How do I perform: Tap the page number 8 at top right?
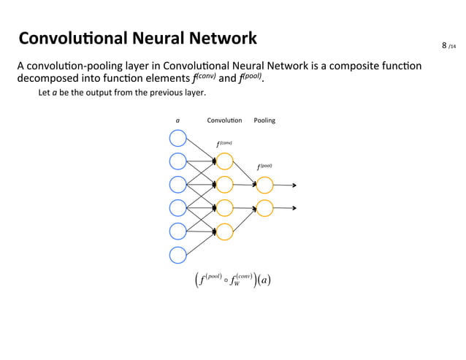[x=444, y=46]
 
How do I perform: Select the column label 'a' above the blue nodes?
[x=177, y=120]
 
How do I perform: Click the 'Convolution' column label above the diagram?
[x=224, y=120]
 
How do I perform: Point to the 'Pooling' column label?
[x=264, y=120]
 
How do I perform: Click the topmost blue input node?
[x=177, y=137]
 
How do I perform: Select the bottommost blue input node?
[x=177, y=255]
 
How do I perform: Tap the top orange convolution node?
[x=224, y=161]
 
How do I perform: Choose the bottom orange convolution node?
[x=224, y=231]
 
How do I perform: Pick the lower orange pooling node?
[x=264, y=208]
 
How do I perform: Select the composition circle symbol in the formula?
[x=226, y=280]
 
